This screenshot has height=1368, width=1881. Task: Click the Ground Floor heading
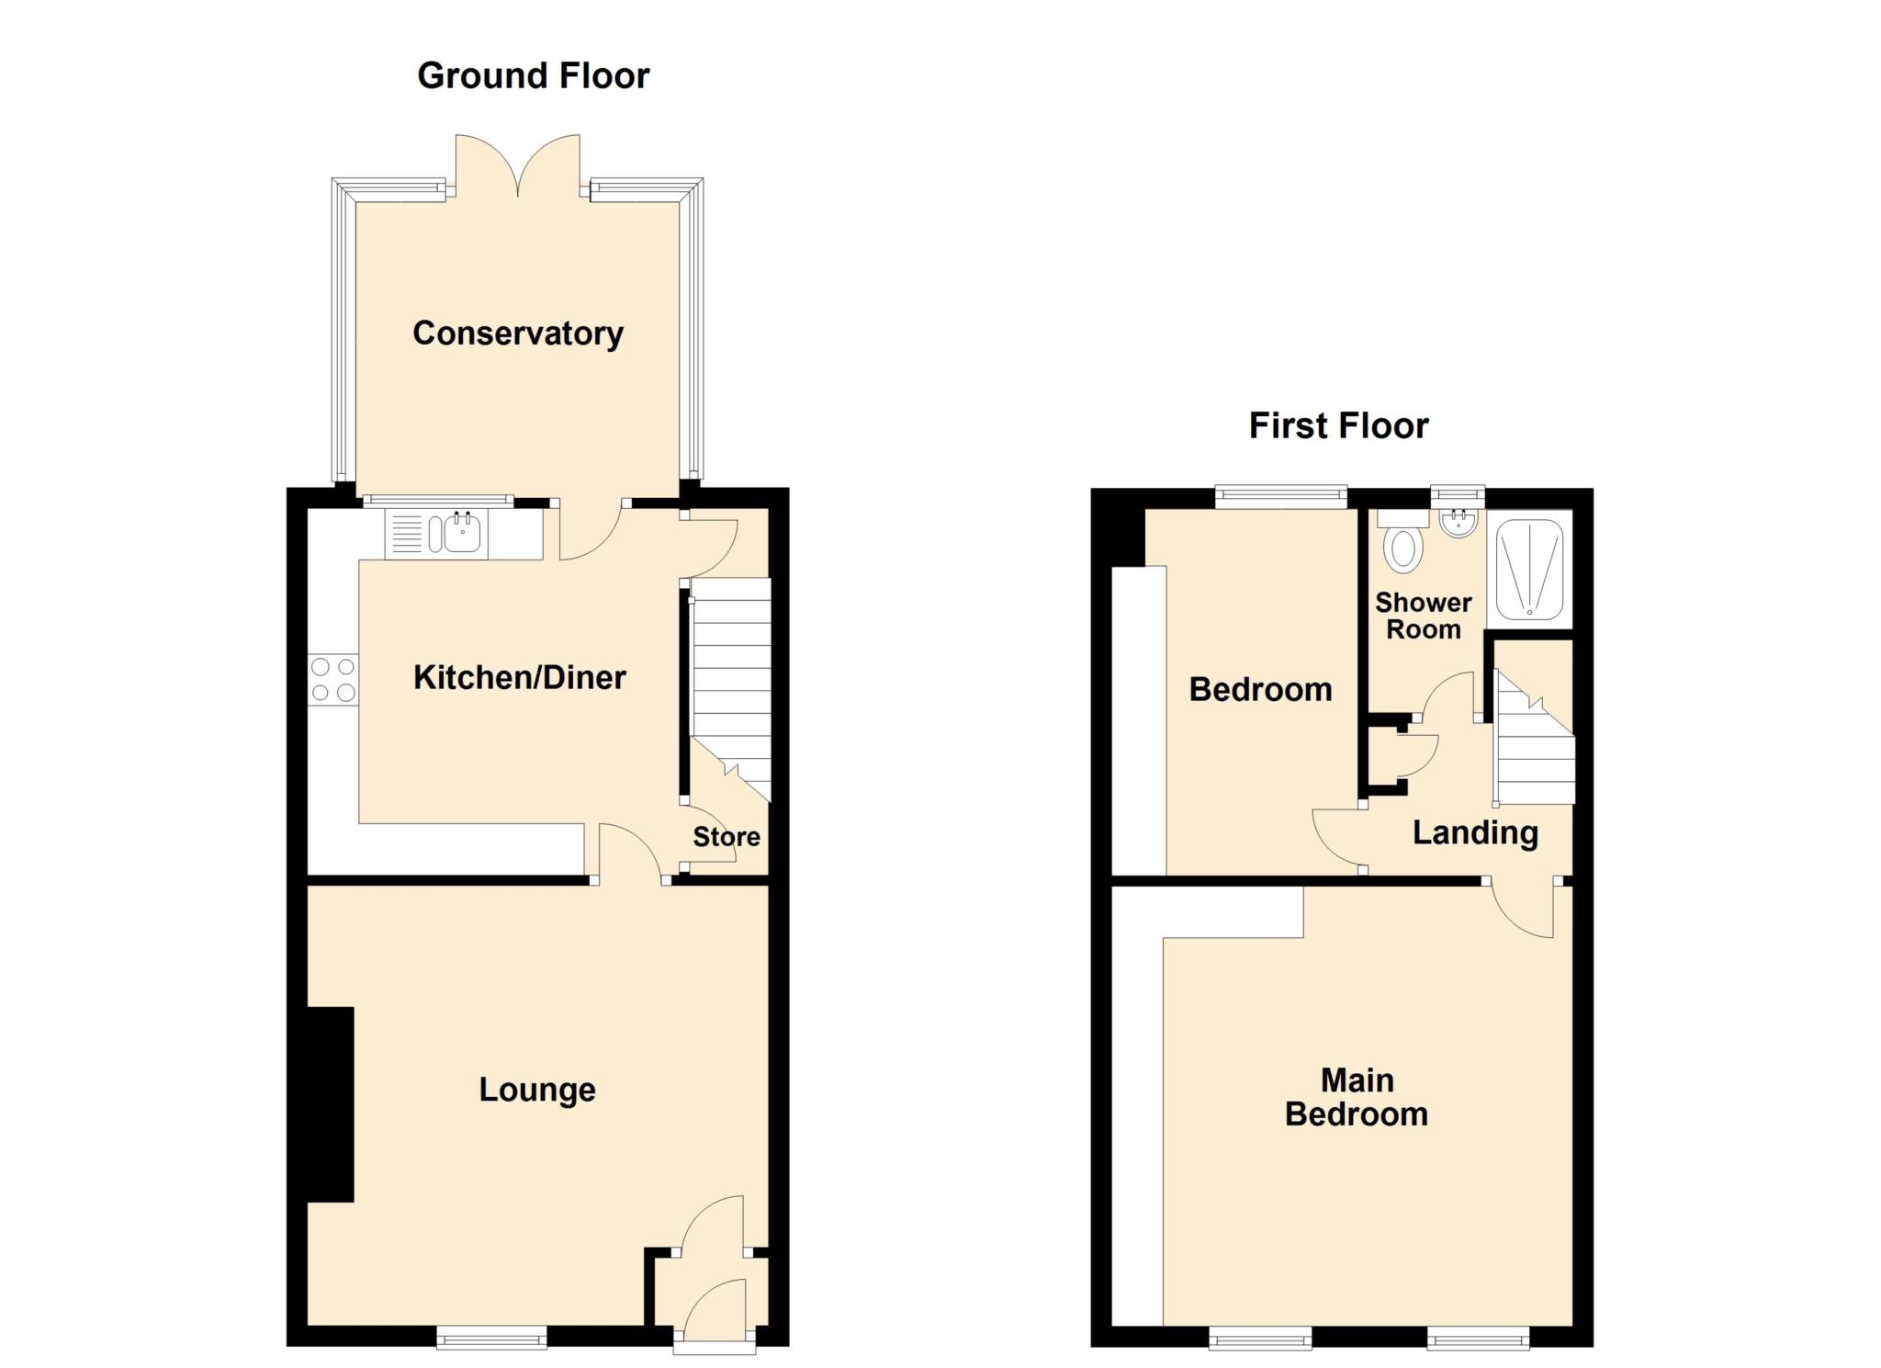533,75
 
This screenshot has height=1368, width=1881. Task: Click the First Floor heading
1338,425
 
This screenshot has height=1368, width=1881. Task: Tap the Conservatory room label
518,333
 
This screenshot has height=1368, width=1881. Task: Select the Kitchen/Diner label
519,677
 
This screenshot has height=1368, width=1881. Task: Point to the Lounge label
537,1090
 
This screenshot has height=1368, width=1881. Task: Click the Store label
726,837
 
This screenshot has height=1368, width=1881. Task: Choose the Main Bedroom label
1357,1097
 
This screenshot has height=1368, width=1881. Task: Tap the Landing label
1475,832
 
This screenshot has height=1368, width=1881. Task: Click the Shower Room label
1423,616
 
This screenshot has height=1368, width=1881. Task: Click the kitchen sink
462,533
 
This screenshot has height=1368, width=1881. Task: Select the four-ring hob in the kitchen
333,680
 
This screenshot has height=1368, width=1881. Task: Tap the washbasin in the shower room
1458,524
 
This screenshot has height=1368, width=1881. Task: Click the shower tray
1529,570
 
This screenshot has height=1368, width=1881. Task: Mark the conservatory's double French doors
518,165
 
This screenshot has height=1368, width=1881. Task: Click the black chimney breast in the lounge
330,1104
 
